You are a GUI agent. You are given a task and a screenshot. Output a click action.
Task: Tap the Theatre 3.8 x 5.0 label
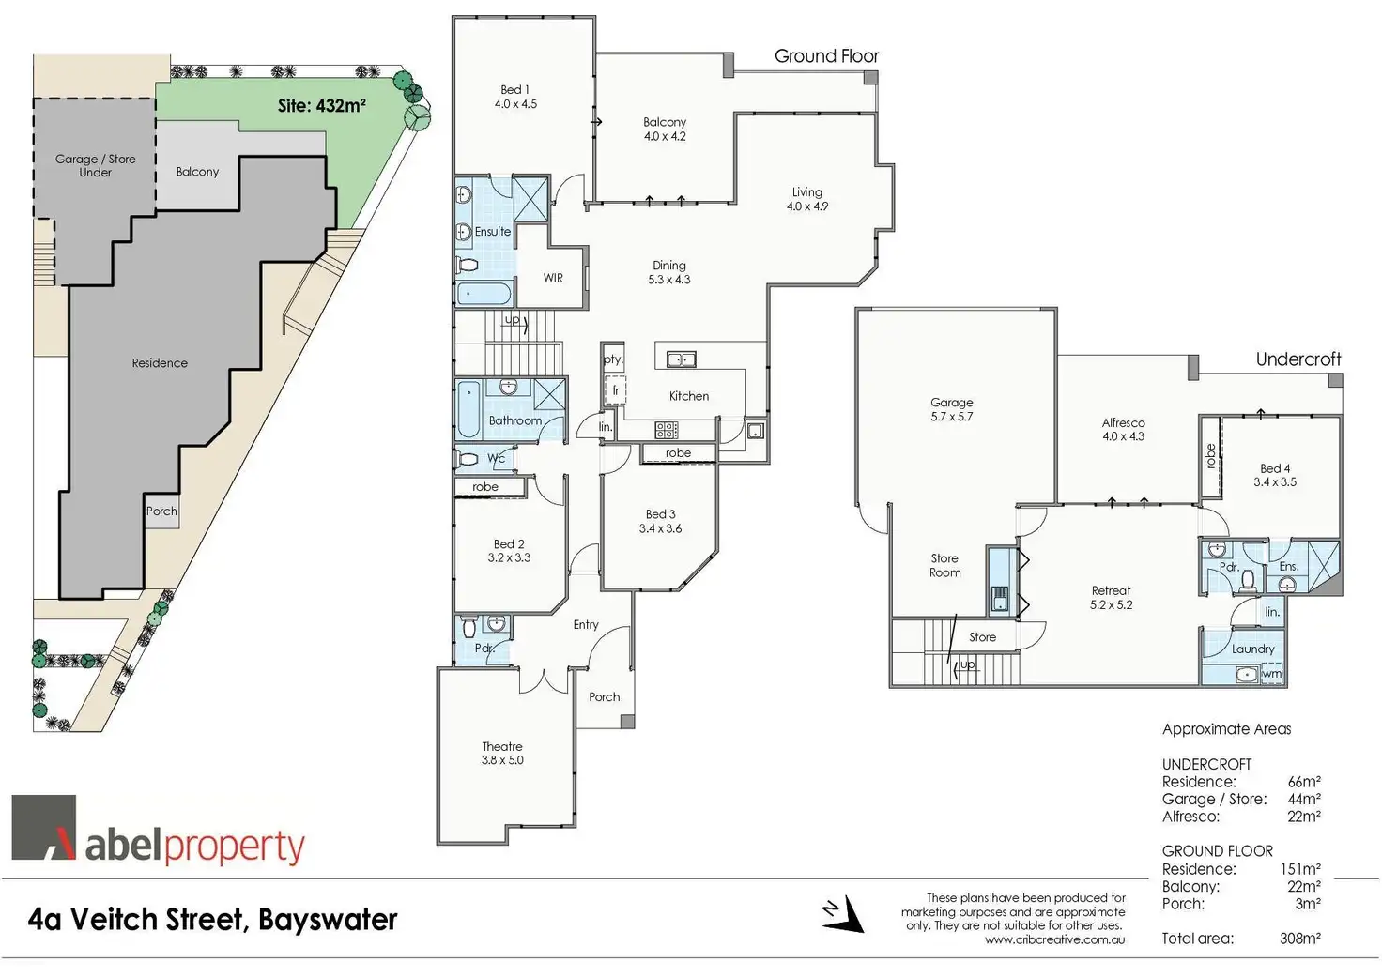[x=502, y=754]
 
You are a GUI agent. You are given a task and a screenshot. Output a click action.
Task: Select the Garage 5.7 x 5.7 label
[x=951, y=409]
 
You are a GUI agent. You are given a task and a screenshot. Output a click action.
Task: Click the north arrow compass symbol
[x=844, y=914]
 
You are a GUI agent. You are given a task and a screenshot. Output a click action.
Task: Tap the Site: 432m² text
[x=321, y=106]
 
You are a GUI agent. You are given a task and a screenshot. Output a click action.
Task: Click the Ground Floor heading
[x=826, y=56]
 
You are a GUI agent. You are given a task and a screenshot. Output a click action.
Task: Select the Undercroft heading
[x=1298, y=359]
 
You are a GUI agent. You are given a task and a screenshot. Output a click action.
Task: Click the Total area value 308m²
[x=1299, y=938]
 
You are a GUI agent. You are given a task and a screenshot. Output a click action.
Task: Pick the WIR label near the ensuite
[x=553, y=278]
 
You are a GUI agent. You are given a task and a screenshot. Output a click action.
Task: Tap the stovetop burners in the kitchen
[x=666, y=431]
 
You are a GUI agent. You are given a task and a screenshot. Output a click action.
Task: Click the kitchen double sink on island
[x=682, y=359]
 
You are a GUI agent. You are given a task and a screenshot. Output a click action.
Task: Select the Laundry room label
[x=1252, y=649]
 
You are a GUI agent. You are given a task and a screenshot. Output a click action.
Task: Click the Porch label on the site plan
[x=161, y=511]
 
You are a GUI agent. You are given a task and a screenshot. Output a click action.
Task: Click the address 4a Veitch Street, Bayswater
[x=212, y=919]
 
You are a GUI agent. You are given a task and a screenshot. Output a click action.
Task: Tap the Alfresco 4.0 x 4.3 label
[x=1123, y=430]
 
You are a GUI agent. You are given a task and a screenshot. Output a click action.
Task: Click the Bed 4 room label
[x=1274, y=475]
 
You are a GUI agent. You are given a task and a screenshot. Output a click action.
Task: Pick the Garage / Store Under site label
[x=95, y=165]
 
